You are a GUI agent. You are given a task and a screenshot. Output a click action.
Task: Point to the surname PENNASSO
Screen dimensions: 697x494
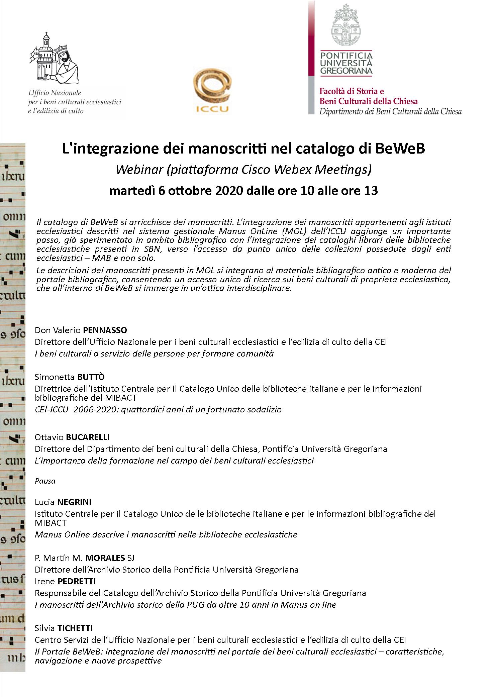click(x=105, y=330)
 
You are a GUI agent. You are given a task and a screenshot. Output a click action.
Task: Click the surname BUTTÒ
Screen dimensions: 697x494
click(x=91, y=377)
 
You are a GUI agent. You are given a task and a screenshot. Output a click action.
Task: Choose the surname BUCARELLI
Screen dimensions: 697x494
click(x=88, y=437)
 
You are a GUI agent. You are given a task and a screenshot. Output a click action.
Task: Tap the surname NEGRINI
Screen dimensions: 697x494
click(x=74, y=502)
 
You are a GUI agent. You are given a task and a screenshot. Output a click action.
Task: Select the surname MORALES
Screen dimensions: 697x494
click(x=105, y=558)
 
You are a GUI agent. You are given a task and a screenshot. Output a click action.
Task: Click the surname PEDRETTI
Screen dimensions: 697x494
click(x=77, y=581)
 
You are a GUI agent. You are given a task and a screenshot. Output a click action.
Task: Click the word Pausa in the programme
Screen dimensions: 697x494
click(x=45, y=481)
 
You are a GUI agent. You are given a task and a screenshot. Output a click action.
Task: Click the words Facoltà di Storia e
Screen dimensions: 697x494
click(x=352, y=91)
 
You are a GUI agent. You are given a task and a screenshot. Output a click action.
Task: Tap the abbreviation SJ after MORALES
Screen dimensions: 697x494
click(x=131, y=558)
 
